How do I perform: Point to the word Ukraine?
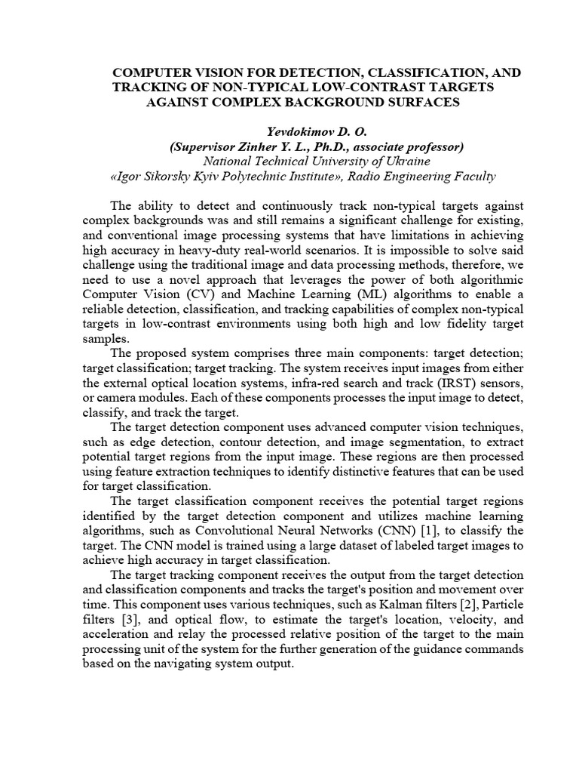point(391,161)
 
